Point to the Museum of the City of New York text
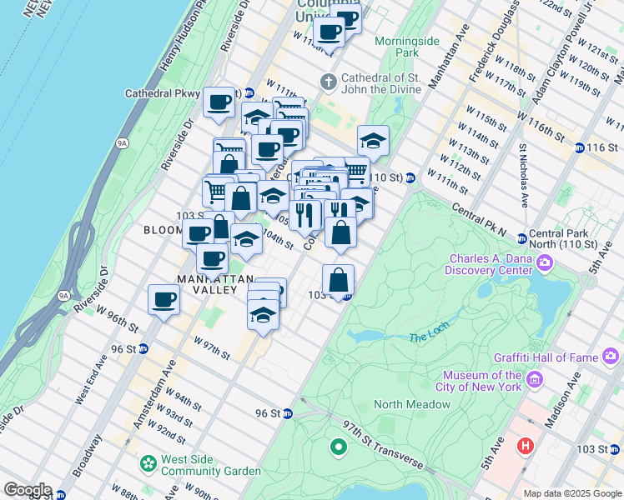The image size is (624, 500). click(482, 381)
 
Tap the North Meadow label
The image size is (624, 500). click(412, 404)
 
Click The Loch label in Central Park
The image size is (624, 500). click(429, 337)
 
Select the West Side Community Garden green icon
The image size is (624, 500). click(148, 462)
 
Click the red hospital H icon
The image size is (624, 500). click(525, 446)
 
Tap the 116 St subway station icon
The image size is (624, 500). click(579, 147)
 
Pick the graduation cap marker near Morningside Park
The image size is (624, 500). click(373, 140)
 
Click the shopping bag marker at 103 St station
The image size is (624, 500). click(339, 280)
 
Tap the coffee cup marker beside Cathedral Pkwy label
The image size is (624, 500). click(219, 102)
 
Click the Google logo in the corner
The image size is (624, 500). click(28, 490)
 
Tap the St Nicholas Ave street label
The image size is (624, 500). click(524, 176)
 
